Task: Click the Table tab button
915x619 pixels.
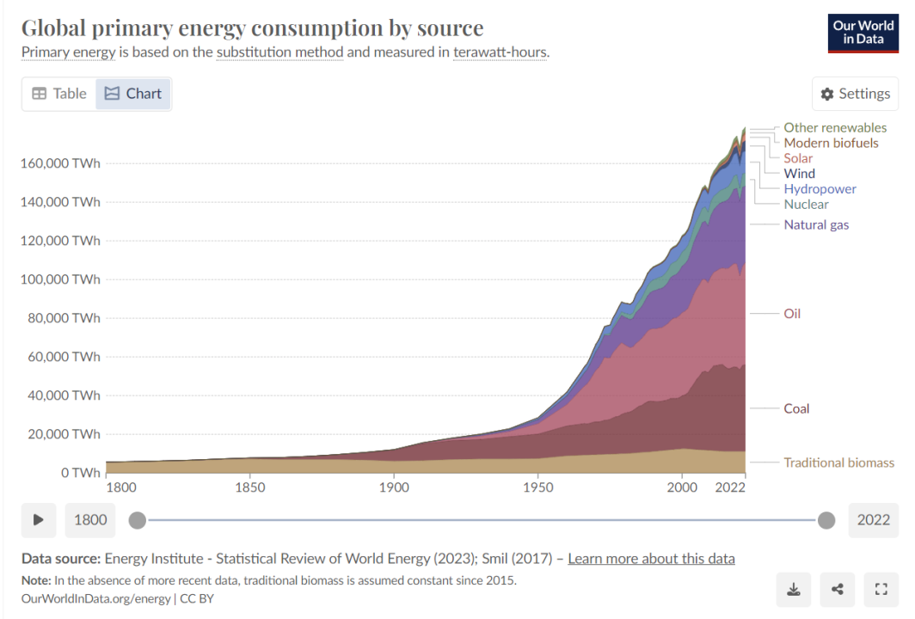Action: click(x=59, y=94)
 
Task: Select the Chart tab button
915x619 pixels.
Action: click(x=133, y=94)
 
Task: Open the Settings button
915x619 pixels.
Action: click(x=855, y=94)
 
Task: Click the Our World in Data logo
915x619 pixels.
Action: click(x=863, y=33)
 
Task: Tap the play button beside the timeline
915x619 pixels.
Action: click(x=39, y=519)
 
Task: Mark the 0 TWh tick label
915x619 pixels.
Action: click(x=80, y=473)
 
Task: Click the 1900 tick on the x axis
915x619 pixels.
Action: click(x=394, y=488)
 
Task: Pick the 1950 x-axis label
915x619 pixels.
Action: click(x=537, y=488)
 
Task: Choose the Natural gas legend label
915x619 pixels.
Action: click(x=816, y=224)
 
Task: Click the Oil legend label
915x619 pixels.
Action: click(x=792, y=314)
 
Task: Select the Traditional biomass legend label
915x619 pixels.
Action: click(x=838, y=463)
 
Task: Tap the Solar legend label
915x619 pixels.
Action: click(x=798, y=158)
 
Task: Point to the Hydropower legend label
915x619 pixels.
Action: click(x=820, y=189)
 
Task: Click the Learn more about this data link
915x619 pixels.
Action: click(x=651, y=559)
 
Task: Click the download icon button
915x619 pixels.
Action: click(x=793, y=589)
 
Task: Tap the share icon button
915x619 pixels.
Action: click(x=837, y=589)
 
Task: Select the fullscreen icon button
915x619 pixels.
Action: click(x=881, y=589)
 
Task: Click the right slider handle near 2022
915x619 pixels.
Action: click(x=826, y=519)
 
